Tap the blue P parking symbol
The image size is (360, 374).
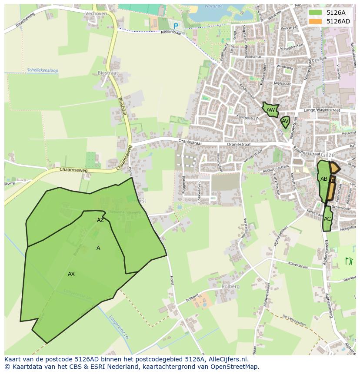coord(176,26)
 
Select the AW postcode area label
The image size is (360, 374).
coord(271,110)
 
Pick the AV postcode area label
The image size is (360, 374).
coord(285,121)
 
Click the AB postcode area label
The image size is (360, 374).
coord(324,179)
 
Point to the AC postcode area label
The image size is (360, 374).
coord(327,218)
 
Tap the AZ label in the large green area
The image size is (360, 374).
coord(100,220)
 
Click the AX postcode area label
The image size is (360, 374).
coord(71,274)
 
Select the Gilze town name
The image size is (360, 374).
coord(328,155)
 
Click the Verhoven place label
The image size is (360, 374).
coord(96,13)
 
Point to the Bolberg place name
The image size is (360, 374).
coord(230,287)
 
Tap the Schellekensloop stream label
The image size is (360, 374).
coord(42,70)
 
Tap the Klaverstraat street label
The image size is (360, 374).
coord(298,264)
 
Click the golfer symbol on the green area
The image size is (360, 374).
coord(349,261)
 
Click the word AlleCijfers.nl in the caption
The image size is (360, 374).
coord(227,359)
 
